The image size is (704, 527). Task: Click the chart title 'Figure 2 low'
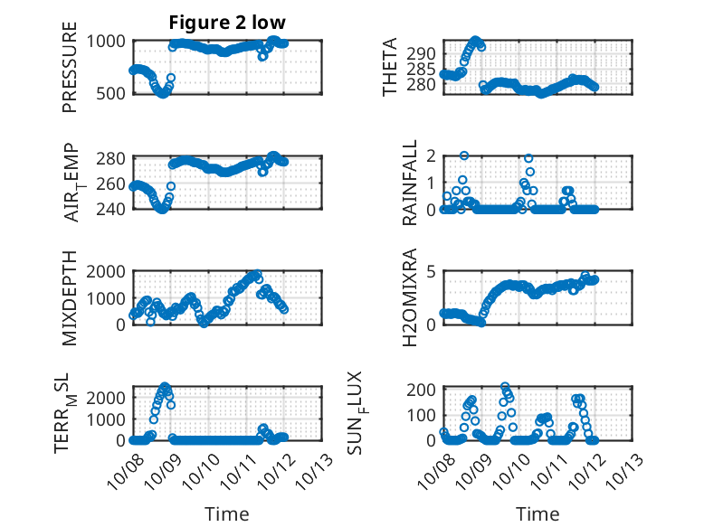point(226,23)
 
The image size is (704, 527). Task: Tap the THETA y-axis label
point(390,67)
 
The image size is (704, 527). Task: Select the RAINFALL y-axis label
point(409,183)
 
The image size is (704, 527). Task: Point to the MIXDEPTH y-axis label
point(71,297)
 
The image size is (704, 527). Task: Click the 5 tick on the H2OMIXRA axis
point(433,271)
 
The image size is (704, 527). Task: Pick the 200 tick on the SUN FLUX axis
point(424,389)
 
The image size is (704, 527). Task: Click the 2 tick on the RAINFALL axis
point(433,155)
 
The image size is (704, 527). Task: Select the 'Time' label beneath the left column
point(227,513)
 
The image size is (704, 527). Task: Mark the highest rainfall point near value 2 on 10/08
point(464,155)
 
